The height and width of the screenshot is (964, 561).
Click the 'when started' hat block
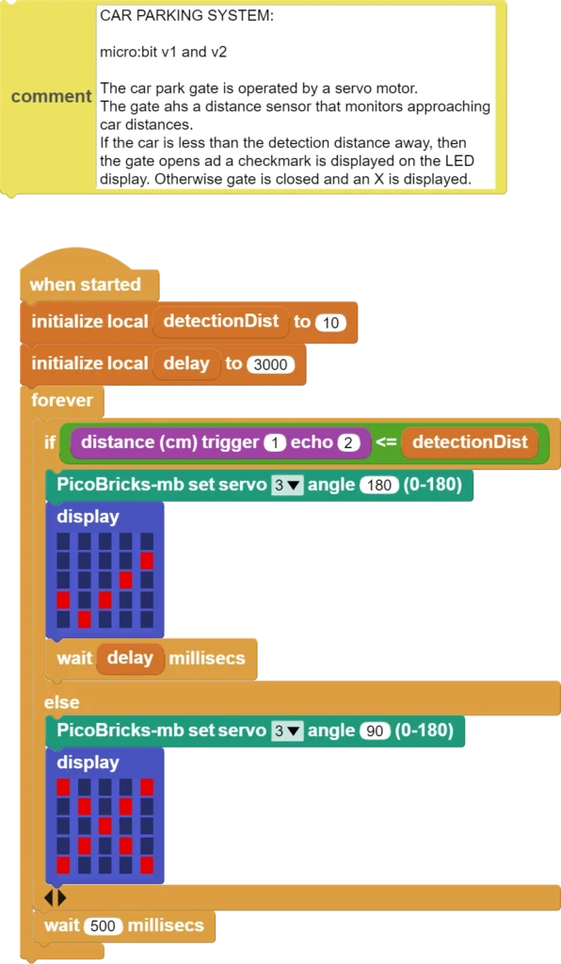pos(86,284)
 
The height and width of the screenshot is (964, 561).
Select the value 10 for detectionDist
pos(330,322)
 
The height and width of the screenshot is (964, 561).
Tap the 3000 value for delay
pos(270,364)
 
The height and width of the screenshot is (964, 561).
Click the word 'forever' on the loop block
pos(62,400)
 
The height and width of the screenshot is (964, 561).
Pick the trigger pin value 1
pos(275,442)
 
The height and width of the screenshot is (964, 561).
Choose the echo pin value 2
pos(347,442)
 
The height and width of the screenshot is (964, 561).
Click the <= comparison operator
pos(386,442)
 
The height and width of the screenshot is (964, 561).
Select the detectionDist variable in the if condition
pos(470,442)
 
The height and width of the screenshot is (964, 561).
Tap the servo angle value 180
pos(379,485)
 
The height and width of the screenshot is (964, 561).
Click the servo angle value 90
pos(375,731)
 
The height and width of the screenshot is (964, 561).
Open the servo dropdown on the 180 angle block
pos(287,485)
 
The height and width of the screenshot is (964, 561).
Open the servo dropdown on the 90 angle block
pos(287,731)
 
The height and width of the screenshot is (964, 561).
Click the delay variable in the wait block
pos(130,658)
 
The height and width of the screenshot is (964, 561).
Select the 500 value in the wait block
pos(103,926)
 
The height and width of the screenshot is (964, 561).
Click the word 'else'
pos(61,702)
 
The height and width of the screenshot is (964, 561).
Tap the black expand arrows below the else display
pos(56,898)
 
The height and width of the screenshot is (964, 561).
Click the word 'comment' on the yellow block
pos(52,97)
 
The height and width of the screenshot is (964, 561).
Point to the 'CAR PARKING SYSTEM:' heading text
pos(186,16)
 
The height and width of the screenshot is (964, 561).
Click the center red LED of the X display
pos(105,826)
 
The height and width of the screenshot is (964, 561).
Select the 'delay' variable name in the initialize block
pos(186,364)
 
